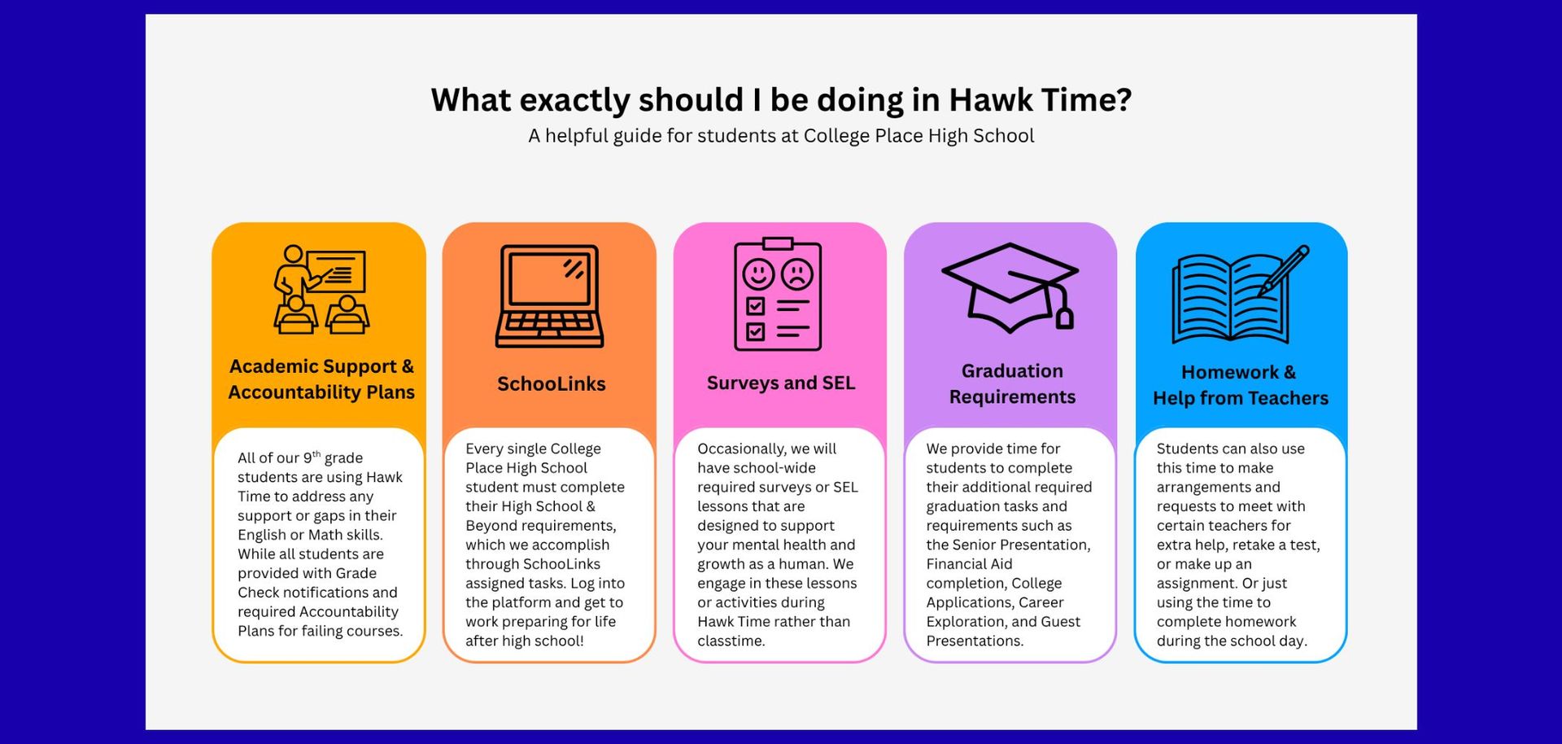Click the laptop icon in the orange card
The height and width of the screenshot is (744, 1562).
tap(550, 295)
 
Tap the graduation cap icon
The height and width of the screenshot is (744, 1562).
tap(1010, 287)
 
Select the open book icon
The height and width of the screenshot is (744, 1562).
tap(1240, 295)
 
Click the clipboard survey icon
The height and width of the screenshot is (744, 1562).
tap(778, 294)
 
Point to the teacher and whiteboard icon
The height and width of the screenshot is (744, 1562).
tap(321, 290)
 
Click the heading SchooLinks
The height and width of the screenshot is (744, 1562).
tap(552, 383)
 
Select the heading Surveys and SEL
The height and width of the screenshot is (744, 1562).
tap(781, 383)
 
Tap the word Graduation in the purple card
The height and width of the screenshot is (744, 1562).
tap(1012, 371)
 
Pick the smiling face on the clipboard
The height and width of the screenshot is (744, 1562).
tap(758, 274)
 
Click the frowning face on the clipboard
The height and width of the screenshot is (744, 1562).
tap(797, 274)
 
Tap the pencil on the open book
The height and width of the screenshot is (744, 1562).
tap(1284, 271)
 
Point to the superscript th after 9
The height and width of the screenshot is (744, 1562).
tap(316, 453)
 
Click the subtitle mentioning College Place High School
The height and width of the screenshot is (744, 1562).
tap(781, 136)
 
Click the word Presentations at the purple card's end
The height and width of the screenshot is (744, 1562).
tap(975, 641)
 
